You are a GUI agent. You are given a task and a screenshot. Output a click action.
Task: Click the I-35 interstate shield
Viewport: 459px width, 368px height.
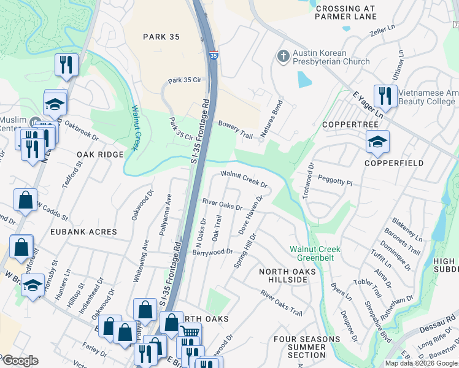coord(213,55)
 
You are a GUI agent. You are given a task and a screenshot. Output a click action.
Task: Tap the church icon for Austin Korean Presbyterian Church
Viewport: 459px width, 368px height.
coord(283,57)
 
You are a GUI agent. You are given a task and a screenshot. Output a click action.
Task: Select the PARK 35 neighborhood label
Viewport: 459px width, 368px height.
coord(161,37)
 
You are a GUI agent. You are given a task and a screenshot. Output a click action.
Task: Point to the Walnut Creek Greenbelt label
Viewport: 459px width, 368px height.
coord(315,253)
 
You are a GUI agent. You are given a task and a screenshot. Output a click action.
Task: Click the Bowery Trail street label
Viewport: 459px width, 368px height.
coord(236,129)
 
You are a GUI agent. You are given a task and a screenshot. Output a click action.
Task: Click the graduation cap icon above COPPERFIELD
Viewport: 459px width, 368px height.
coord(377,142)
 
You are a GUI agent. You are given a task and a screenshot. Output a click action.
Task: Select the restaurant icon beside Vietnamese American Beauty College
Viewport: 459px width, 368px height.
coord(385,94)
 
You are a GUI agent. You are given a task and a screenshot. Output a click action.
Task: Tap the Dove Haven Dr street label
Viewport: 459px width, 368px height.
coord(250,215)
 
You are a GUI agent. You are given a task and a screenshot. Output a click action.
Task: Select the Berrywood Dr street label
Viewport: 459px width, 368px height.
coord(212,251)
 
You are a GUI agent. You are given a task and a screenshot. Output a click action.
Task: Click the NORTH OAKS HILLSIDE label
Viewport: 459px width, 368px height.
coord(282,275)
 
